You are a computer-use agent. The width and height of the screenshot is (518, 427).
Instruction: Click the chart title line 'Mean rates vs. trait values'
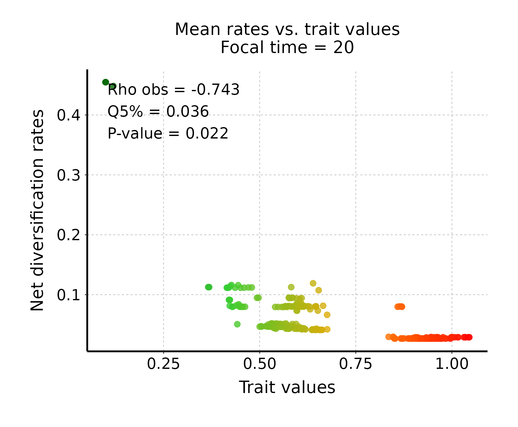287,30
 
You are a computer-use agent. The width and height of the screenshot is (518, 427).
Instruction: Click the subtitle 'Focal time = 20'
287,48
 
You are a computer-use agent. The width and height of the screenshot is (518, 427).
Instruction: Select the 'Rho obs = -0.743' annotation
173,90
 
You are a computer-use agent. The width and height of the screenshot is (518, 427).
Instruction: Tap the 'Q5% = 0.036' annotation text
158,112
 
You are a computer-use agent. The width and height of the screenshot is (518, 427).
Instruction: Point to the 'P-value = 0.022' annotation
168,133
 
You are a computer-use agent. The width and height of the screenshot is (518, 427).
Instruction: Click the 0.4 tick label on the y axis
68,115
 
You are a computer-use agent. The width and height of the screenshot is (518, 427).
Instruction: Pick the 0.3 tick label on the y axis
68,175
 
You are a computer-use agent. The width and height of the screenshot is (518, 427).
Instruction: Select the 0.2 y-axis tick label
68,235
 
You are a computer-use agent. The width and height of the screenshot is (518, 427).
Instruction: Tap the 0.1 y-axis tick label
68,295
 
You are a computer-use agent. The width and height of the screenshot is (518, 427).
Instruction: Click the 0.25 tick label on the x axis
163,364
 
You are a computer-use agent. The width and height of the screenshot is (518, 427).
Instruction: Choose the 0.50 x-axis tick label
260,364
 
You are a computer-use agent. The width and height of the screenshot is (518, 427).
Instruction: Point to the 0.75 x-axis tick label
355,364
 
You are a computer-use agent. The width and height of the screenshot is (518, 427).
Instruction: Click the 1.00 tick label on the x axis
452,364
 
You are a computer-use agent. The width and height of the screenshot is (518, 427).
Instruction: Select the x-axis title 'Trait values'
287,388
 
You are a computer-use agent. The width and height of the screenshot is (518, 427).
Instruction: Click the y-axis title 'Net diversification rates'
37,210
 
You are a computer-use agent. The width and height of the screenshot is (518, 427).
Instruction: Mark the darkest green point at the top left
106,82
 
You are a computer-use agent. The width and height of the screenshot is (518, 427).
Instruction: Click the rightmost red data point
469,337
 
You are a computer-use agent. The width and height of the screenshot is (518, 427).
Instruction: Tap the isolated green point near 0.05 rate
237,324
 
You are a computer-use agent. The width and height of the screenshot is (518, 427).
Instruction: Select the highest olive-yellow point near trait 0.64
313,283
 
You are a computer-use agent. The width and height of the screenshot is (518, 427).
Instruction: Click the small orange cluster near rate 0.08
400,307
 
